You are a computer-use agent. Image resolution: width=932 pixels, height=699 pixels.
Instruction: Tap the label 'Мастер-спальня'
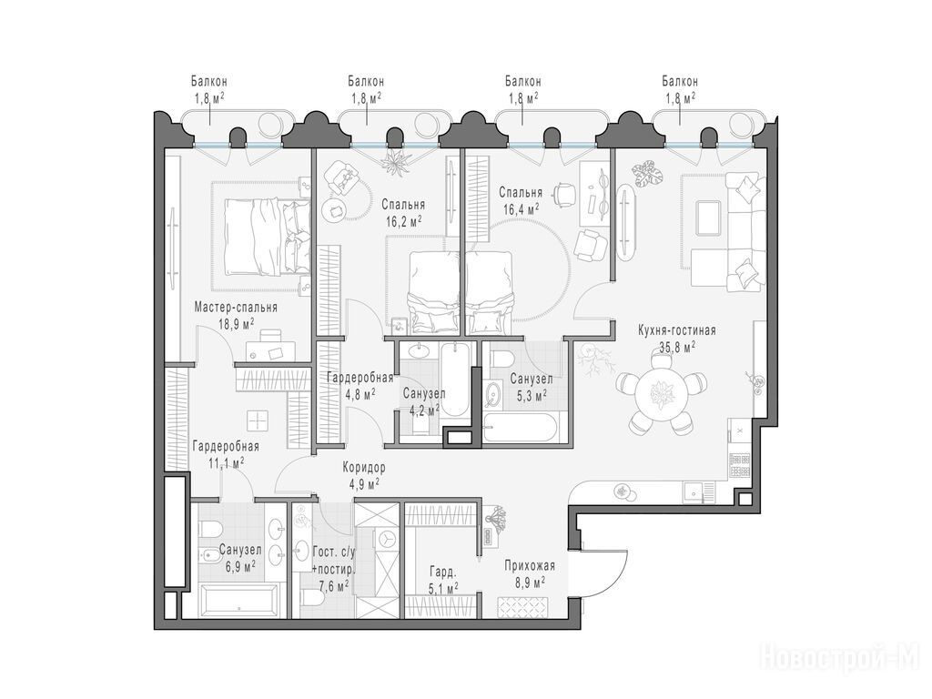pos(236,308)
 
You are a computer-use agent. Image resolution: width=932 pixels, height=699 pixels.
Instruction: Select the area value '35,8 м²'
pos(677,346)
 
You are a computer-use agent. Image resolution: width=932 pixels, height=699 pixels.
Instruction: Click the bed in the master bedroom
pos(268,237)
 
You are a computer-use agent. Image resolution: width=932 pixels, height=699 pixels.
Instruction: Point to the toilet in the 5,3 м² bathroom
pos(502,359)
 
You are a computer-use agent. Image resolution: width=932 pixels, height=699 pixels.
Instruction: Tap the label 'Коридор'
pos(364,468)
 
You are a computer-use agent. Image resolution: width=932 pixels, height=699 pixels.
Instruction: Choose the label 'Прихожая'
pos(530,566)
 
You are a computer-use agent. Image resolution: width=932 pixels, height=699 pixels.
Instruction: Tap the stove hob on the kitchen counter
pos(740,465)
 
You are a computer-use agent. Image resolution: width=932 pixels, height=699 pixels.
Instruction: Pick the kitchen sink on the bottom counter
pos(692,491)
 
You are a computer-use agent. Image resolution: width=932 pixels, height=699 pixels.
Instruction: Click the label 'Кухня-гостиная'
pos(677,330)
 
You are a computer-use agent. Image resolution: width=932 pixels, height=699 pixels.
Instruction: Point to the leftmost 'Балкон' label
pos(208,81)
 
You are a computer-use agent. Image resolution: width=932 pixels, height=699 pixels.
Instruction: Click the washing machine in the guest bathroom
pos(386,540)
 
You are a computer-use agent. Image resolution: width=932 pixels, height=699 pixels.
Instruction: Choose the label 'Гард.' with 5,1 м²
pos(443,573)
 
